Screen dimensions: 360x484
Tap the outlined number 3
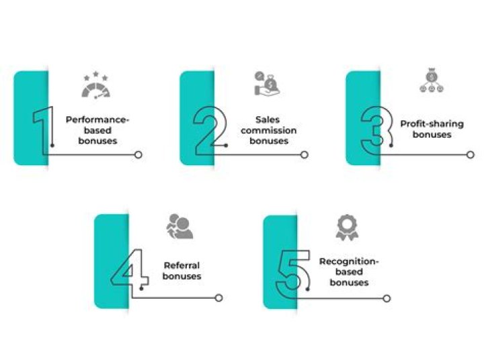[x=376, y=128]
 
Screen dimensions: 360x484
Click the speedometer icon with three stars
[x=95, y=87]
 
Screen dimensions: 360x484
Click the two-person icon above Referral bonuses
[x=179, y=226]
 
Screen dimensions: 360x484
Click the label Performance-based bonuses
[x=97, y=130]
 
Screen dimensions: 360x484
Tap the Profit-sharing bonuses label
[x=432, y=129]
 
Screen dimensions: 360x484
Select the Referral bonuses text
[x=182, y=271]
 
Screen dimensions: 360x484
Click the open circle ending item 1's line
[x=138, y=155]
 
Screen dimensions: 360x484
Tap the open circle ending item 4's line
[x=218, y=298]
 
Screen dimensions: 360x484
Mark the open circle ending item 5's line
[x=386, y=298]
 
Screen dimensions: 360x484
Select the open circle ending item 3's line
[x=471, y=155]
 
